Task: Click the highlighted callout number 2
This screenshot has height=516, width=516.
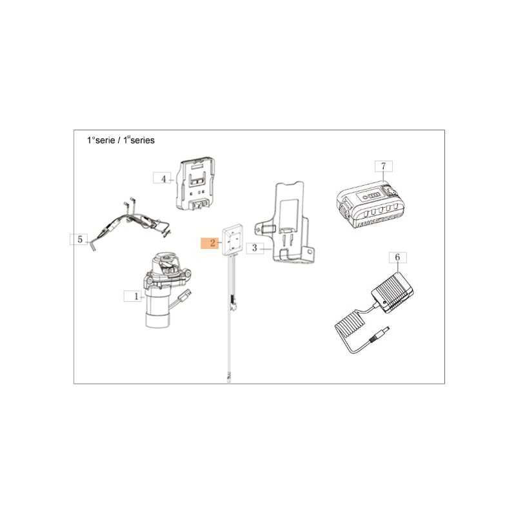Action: [210, 244]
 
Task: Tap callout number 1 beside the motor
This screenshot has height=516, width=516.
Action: [132, 296]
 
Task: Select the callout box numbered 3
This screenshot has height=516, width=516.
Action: [255, 248]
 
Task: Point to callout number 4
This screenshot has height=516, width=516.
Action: [163, 179]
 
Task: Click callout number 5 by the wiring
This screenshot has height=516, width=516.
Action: [79, 239]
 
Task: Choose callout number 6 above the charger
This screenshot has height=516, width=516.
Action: [397, 257]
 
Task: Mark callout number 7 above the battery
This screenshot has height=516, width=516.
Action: [384, 166]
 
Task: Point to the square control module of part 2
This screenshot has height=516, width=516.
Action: [233, 240]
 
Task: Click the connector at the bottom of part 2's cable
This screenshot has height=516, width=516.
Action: [228, 377]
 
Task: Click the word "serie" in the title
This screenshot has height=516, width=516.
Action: [105, 141]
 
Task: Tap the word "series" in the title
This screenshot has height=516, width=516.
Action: [143, 141]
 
